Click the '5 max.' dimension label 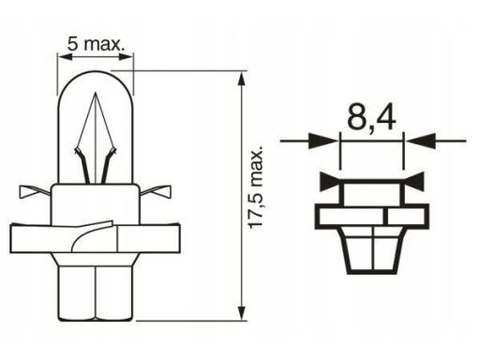97,44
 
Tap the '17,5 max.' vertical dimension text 256,187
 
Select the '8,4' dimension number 371,119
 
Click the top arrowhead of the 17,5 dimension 241,80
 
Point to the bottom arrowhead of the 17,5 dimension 241,312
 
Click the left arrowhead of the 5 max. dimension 65,57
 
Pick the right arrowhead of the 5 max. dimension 126,57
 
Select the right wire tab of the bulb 157,191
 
